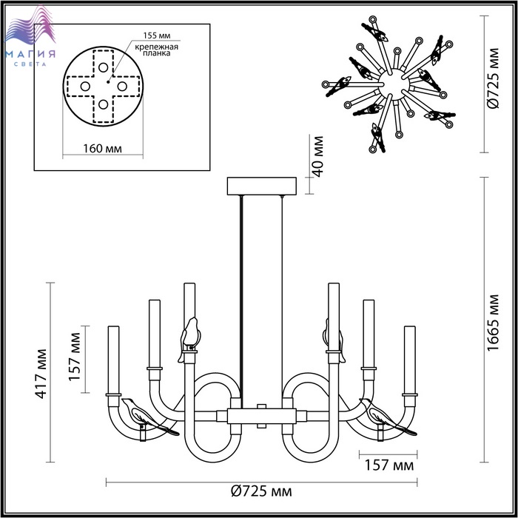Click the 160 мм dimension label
[x=102, y=149]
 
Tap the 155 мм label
[x=157, y=36]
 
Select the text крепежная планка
[x=157, y=50]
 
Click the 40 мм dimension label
[x=317, y=156]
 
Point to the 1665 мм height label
[x=493, y=323]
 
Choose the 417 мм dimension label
[x=41, y=374]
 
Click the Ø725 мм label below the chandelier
[x=261, y=491]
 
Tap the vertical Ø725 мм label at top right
[x=493, y=78]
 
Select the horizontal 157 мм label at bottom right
[x=388, y=465]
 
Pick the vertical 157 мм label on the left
[x=75, y=357]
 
